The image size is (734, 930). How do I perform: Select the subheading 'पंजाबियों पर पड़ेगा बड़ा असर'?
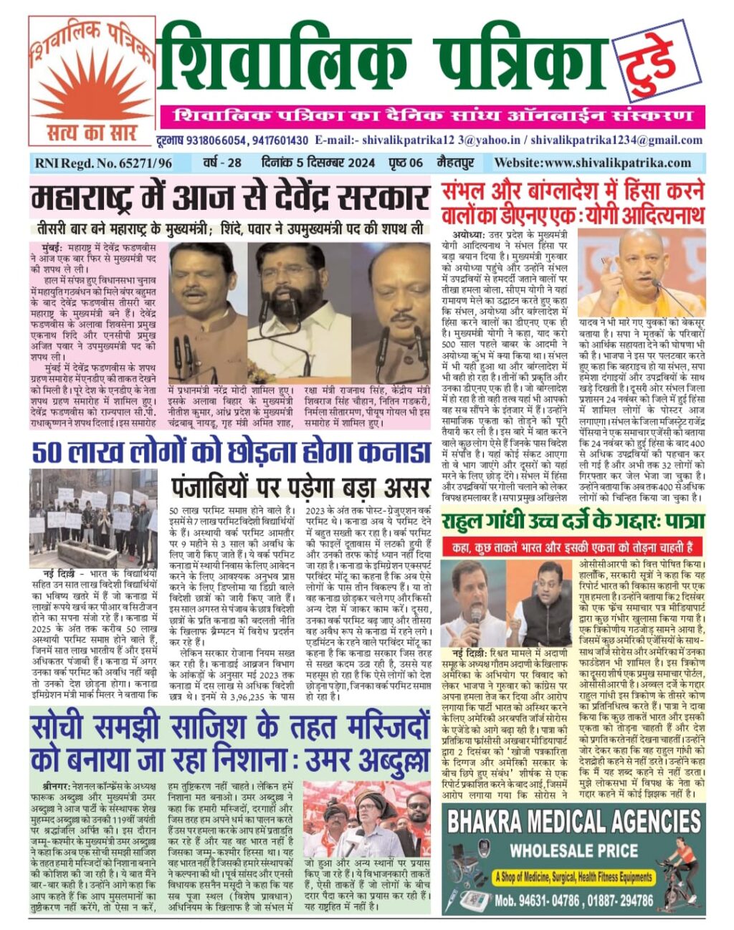pyautogui.click(x=300, y=486)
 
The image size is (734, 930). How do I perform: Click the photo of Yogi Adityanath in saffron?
pyautogui.click(x=640, y=272)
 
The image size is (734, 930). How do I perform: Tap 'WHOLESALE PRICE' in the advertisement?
pyautogui.click(x=573, y=851)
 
